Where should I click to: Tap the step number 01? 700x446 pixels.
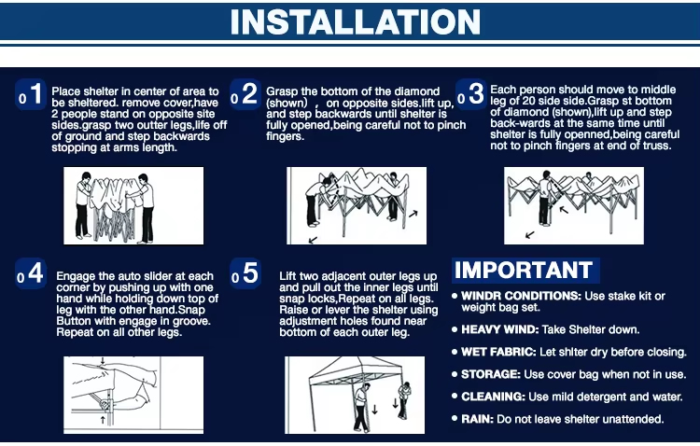[x=31, y=94]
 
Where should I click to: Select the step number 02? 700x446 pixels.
[x=244, y=94]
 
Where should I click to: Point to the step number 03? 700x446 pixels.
[x=469, y=94]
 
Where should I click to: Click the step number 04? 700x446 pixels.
[x=31, y=273]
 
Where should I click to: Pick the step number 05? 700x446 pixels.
[x=245, y=273]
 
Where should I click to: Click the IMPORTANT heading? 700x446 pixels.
[x=523, y=271]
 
